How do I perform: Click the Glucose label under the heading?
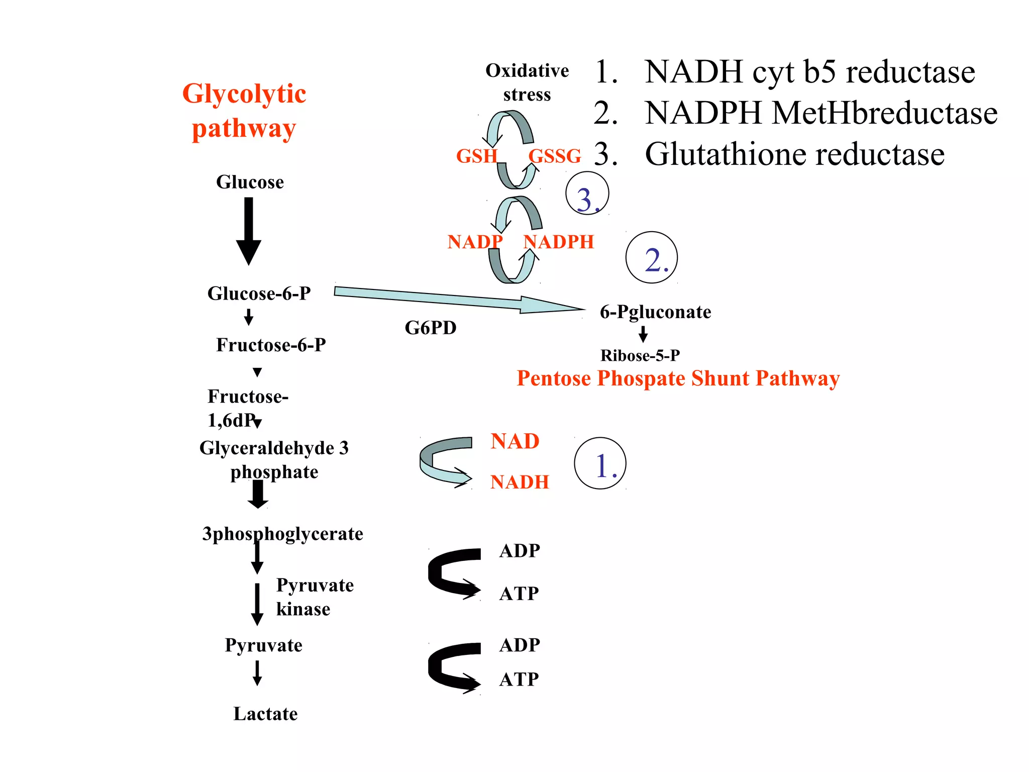coord(250,182)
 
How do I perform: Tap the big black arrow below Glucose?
coord(249,231)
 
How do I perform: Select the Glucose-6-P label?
coord(259,293)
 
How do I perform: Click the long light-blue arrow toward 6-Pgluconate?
coord(452,299)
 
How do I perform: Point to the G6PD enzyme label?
coord(431,328)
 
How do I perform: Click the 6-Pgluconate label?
coord(655,312)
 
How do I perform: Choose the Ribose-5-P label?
coord(640,355)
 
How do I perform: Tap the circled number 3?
coord(587,194)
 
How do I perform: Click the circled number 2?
coord(651,258)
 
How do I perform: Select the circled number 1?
coord(600,463)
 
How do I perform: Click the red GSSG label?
coord(555,156)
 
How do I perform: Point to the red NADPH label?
coord(559,242)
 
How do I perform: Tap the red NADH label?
coord(520,482)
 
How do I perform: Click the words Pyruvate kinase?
coord(315,597)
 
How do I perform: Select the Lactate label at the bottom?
coord(265,714)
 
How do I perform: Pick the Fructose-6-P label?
coord(271,345)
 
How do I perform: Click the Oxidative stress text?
coord(527,82)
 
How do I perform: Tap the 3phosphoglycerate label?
coord(282,534)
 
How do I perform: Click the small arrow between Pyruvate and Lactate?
coord(257,673)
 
